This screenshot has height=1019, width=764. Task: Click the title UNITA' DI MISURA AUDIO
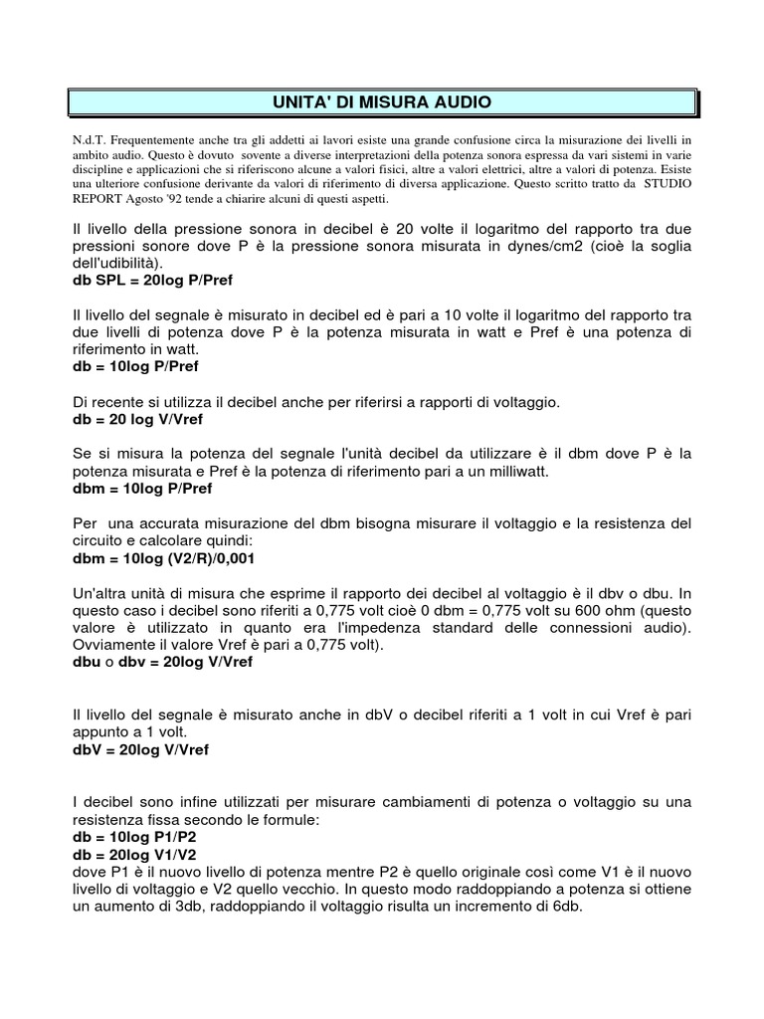pos(382,102)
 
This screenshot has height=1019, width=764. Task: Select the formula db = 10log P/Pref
pos(136,367)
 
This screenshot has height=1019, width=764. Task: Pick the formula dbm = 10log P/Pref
pos(142,489)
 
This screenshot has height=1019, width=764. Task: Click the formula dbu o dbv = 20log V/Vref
pos(163,662)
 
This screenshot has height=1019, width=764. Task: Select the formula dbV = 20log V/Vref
pos(141,749)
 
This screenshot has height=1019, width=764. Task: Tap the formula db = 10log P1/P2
pos(135,837)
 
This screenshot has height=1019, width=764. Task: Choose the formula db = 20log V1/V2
pos(135,855)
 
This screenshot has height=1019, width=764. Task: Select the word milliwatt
pos(503,472)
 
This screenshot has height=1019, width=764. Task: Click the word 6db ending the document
pos(568,908)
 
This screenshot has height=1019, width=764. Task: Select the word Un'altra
pos(104,594)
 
